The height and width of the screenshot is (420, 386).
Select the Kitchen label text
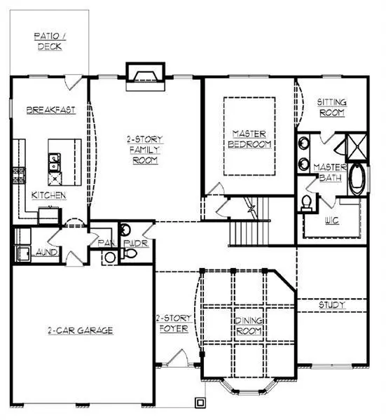48,195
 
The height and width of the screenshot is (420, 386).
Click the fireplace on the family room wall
144,74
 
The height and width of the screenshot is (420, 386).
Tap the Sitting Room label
332,107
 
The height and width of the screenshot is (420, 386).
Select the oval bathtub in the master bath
357,179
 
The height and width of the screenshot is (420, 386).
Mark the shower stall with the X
348,148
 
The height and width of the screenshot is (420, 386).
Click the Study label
332,305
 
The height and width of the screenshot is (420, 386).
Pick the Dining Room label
248,325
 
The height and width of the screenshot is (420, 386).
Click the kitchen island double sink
53,163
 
